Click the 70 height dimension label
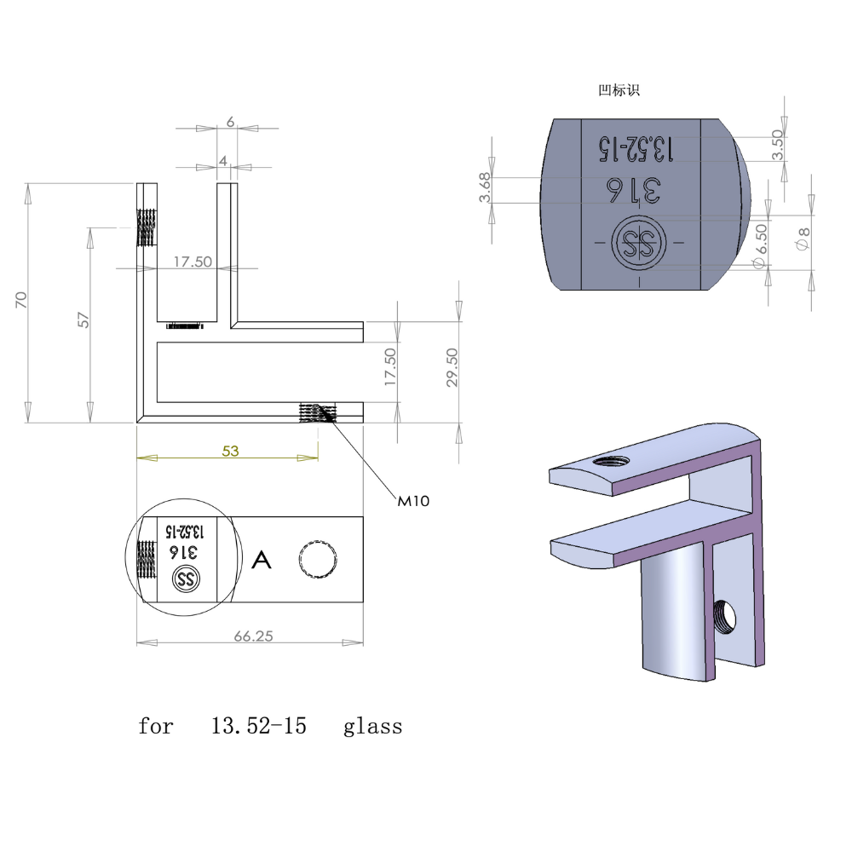(x=21, y=299)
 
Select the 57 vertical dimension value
(x=83, y=319)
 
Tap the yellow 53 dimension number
(x=230, y=452)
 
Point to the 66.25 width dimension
(x=252, y=636)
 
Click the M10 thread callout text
(x=414, y=502)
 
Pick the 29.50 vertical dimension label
(x=452, y=366)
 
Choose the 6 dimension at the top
(x=230, y=122)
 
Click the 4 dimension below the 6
(x=223, y=160)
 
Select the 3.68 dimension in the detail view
(x=485, y=188)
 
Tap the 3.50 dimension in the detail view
(x=777, y=144)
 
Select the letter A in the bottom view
(x=262, y=561)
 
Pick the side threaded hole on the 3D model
(x=725, y=615)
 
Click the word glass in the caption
(x=372, y=727)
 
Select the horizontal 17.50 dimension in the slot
(x=193, y=262)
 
